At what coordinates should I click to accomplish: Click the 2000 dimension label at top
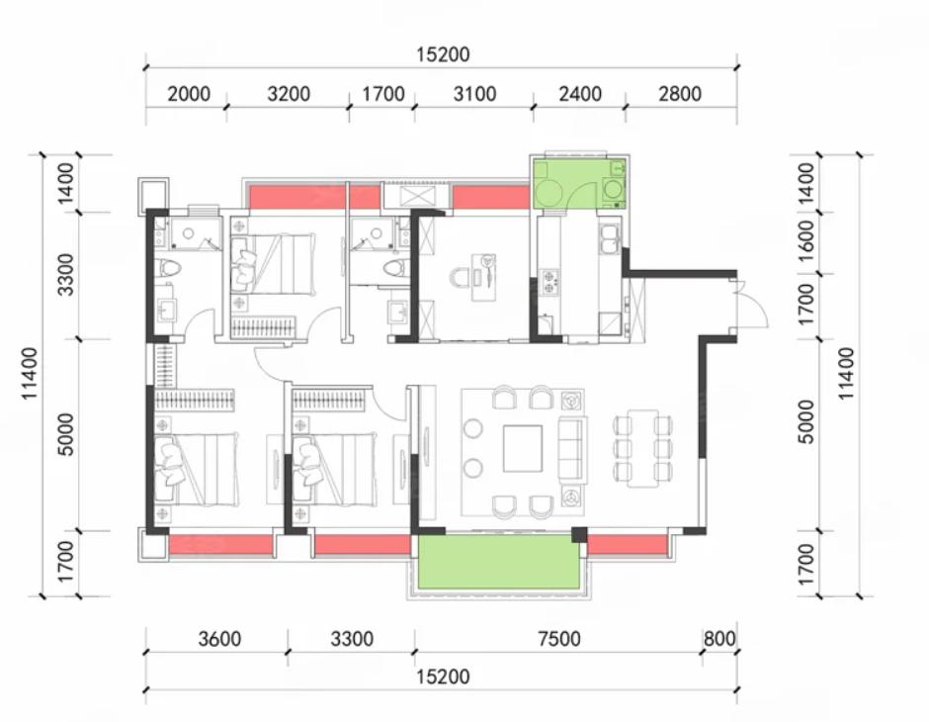pyautogui.click(x=189, y=94)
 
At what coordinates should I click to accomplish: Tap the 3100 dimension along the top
pyautogui.click(x=474, y=94)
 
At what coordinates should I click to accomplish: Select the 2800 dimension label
pyautogui.click(x=680, y=94)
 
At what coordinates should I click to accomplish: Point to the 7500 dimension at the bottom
pyautogui.click(x=559, y=639)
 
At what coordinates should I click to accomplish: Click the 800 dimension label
pyautogui.click(x=719, y=639)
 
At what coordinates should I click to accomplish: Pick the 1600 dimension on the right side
pyautogui.click(x=806, y=243)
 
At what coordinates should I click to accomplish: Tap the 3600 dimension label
pyautogui.click(x=219, y=639)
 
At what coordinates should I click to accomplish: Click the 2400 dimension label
pyautogui.click(x=580, y=94)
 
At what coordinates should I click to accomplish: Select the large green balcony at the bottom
pyautogui.click(x=499, y=562)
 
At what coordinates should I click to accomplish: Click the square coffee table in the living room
pyautogui.click(x=523, y=448)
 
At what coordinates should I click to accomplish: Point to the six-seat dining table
pyautogui.click(x=642, y=448)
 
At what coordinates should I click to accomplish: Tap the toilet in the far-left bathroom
pyautogui.click(x=169, y=269)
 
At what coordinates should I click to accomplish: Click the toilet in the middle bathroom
pyautogui.click(x=393, y=269)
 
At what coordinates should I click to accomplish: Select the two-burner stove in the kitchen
pyautogui.click(x=549, y=282)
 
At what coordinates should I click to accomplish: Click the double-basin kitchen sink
pyautogui.click(x=609, y=240)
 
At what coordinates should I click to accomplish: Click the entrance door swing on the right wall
pyautogui.click(x=751, y=304)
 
